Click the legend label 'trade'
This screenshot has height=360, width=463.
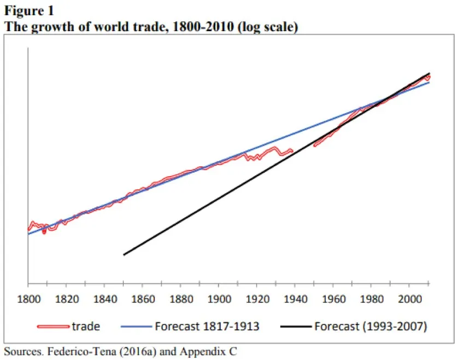86,327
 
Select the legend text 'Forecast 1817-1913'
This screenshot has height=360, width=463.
207,327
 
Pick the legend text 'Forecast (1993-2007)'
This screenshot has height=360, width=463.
370,327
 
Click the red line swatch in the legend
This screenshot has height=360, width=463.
54,327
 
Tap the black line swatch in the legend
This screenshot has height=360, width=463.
295,327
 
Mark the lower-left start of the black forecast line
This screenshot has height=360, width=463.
124,254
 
